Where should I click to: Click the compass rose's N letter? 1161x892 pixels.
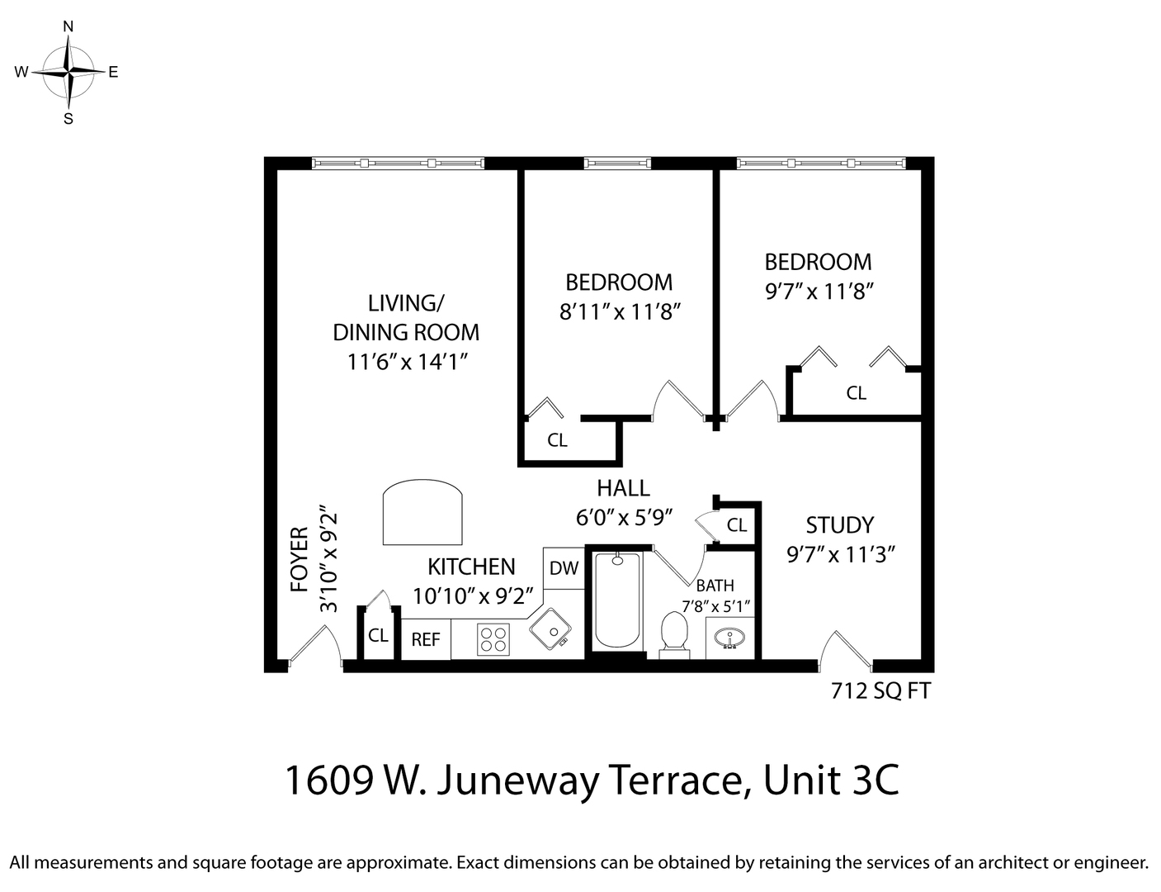point(68,26)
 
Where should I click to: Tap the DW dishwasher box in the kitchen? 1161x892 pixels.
point(564,568)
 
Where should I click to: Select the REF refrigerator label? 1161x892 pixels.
point(426,640)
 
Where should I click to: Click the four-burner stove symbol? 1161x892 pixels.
point(493,640)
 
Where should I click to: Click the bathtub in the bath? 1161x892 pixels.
point(617,600)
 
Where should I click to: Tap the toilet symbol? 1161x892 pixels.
point(674,633)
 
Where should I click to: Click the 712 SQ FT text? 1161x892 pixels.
point(880,691)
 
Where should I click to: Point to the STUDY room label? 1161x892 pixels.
point(839,525)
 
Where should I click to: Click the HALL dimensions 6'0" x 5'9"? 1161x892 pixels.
point(625,517)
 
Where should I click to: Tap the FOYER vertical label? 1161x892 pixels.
point(300,560)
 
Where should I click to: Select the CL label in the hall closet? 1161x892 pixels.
point(737,525)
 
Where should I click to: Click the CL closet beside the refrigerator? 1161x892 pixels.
point(379,636)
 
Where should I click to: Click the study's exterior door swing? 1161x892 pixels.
point(843,650)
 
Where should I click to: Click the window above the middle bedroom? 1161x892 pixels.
point(617,163)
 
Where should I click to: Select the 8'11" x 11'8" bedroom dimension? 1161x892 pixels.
point(619,312)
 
